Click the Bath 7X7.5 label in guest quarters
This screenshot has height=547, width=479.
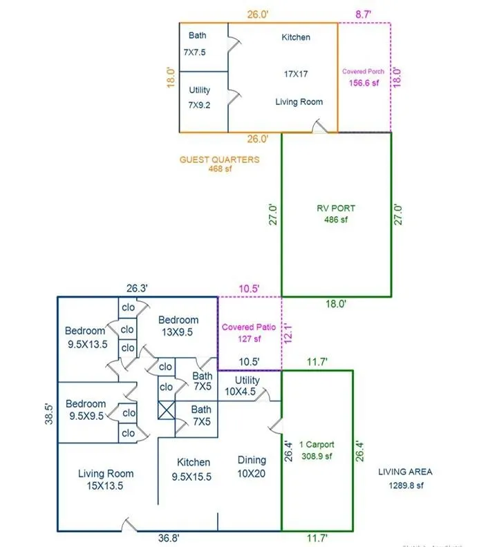coord(197,43)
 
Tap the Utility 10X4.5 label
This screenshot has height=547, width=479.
coord(247,386)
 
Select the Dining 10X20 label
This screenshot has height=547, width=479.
coord(252,466)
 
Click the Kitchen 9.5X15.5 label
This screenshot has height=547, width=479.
coord(194,469)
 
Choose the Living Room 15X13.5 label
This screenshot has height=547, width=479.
coord(106,479)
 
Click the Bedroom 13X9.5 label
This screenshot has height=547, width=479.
coord(178,325)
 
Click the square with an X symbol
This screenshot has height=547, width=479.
coord(166,410)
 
